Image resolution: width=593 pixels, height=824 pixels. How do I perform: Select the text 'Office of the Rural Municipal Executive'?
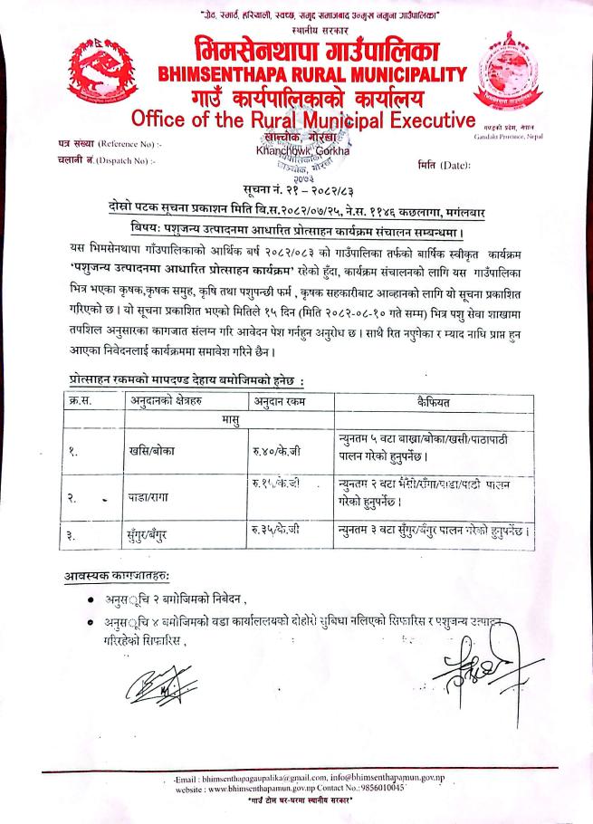pos(303,120)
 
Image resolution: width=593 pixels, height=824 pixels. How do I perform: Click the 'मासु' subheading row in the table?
pos(221,420)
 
